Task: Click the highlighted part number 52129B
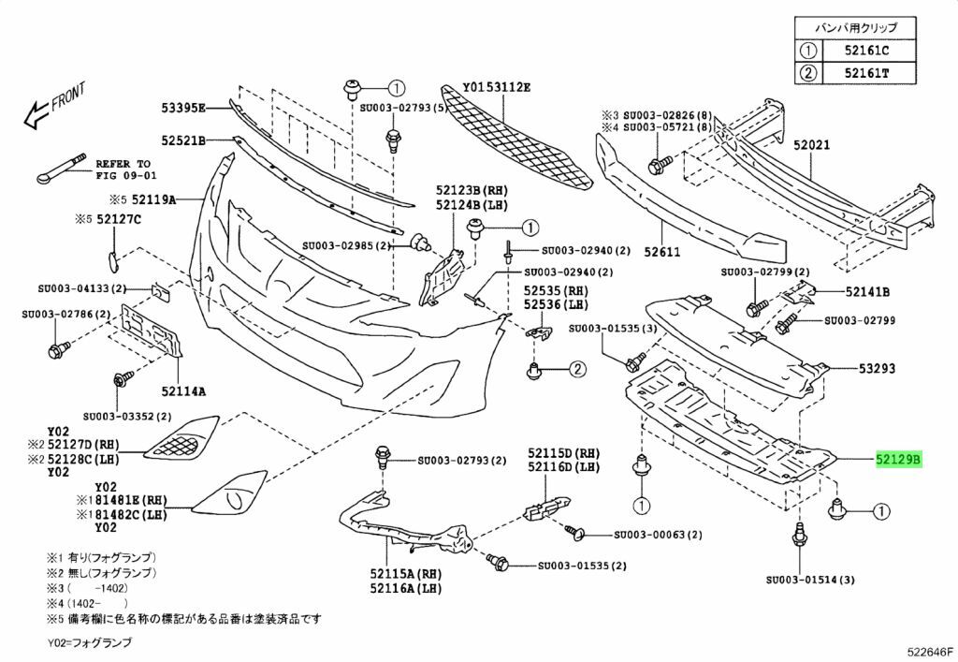[x=899, y=460]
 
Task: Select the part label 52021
[x=812, y=146]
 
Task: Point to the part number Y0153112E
[x=497, y=87]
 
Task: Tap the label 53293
[x=877, y=369]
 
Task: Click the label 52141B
[x=867, y=291]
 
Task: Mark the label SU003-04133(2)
[x=82, y=289]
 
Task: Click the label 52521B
[x=181, y=140]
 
